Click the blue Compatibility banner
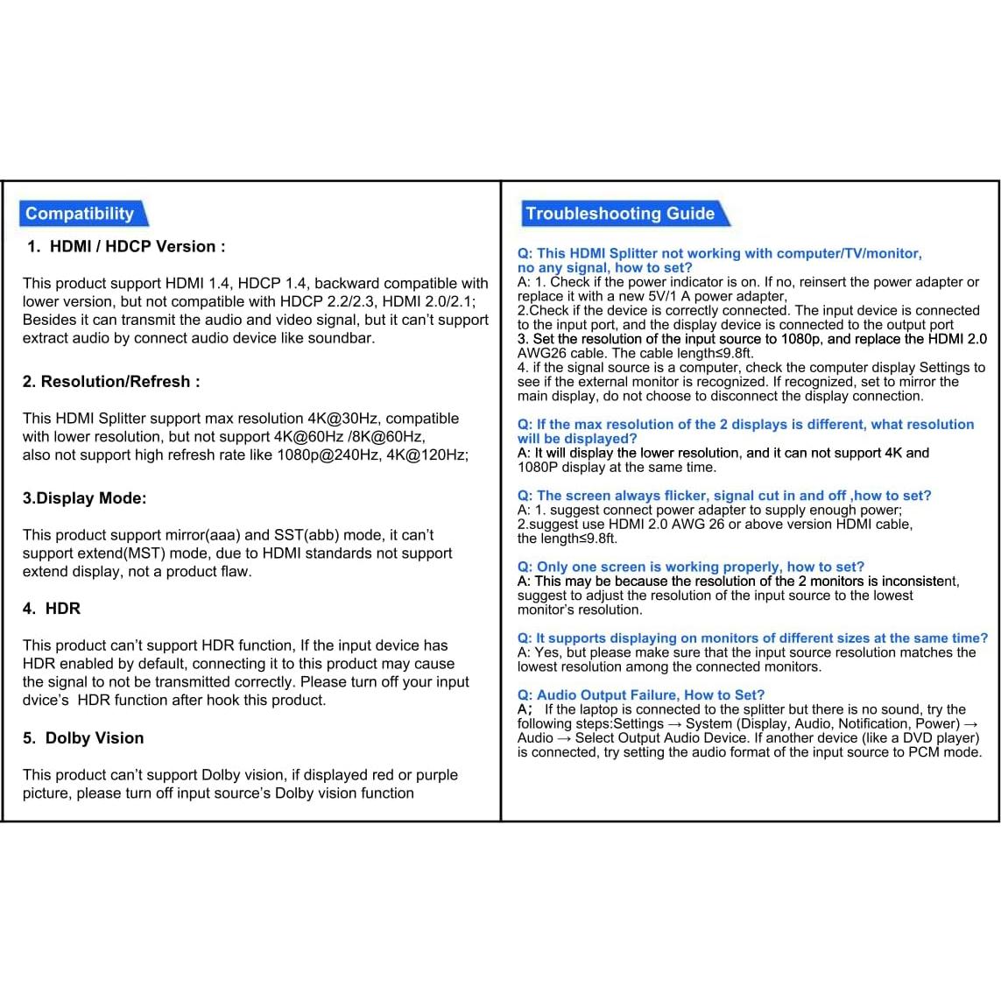tap(80, 214)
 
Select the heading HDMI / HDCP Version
tap(137, 247)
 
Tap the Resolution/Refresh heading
tap(111, 382)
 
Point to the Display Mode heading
tap(85, 498)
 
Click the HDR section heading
tap(62, 609)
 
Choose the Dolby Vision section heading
tap(94, 738)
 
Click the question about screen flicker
tap(724, 496)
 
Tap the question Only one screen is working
tap(690, 567)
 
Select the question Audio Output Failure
tap(641, 695)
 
